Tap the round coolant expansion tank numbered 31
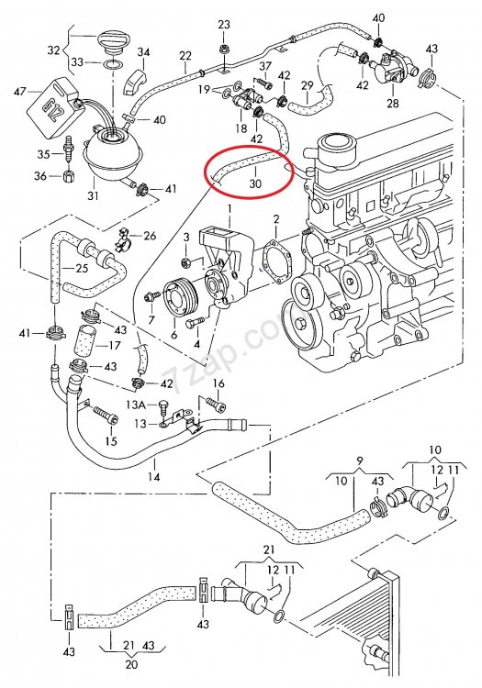(x=113, y=153)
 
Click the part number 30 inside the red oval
(x=255, y=183)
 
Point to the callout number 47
(x=20, y=92)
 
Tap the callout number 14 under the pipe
(x=153, y=476)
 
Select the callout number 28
(x=393, y=103)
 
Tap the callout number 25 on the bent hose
(x=82, y=268)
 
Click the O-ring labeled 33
(x=113, y=66)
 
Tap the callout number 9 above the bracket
(x=360, y=461)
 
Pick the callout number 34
(x=143, y=52)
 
